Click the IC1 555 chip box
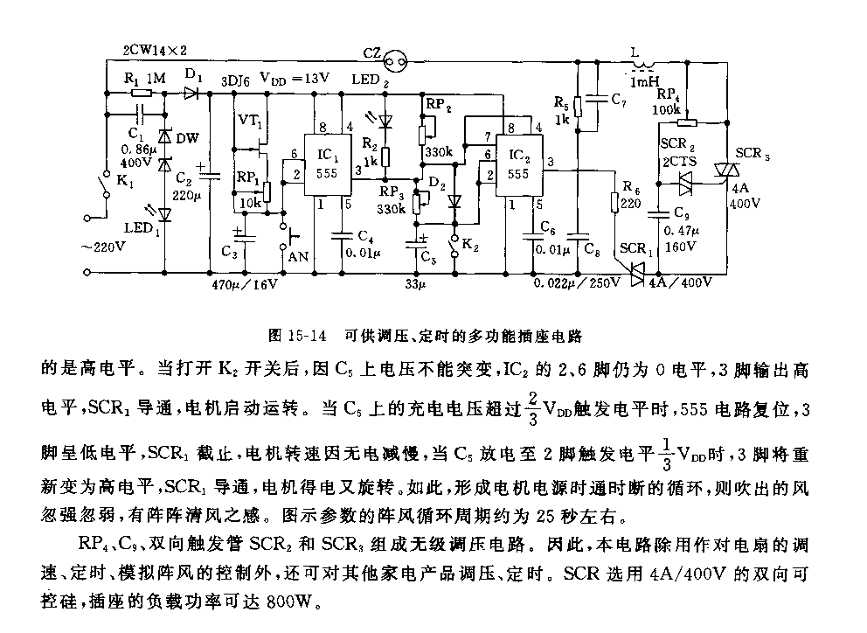326,165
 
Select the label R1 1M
144,79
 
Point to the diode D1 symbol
194,91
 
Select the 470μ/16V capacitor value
245,284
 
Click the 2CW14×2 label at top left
156,49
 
